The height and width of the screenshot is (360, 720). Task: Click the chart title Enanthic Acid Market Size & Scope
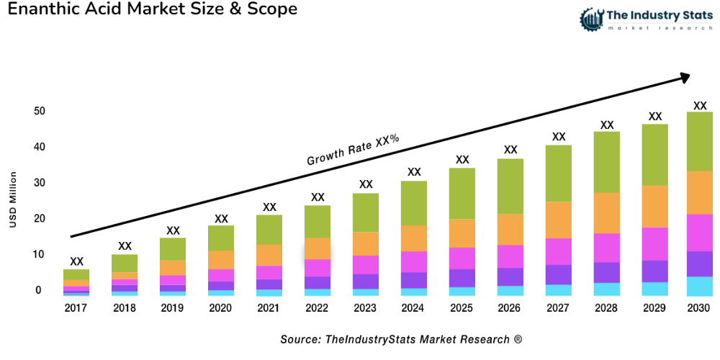[153, 10]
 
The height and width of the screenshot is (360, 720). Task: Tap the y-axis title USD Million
[12, 199]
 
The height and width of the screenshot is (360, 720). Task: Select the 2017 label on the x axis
[76, 307]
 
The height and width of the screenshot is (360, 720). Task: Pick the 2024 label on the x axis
[414, 307]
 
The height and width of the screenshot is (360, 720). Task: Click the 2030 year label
[699, 307]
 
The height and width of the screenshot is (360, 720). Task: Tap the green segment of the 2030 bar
[699, 141]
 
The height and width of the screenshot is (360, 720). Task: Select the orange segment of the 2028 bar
[607, 213]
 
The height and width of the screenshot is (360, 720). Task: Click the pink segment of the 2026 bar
[510, 256]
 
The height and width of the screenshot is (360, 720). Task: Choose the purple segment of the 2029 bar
[654, 271]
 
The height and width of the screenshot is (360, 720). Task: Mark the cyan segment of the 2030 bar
[699, 286]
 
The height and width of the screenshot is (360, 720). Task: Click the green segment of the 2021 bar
[269, 230]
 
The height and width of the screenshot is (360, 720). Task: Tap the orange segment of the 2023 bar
[366, 243]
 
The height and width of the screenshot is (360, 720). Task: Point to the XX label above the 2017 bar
[76, 261]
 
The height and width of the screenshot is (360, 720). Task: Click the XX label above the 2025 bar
[462, 160]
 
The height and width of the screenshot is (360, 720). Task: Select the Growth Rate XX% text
[353, 150]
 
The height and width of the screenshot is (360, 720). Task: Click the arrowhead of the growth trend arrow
[685, 76]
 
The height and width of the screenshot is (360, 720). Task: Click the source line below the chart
[401, 339]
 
